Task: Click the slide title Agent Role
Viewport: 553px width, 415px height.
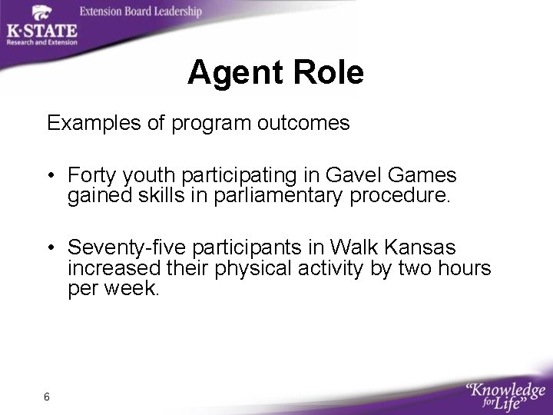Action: coord(276,74)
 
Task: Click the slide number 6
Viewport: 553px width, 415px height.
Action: coord(48,397)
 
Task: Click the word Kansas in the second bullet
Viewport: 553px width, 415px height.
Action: coord(421,248)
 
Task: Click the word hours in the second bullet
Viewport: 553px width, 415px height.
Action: coord(465,268)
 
